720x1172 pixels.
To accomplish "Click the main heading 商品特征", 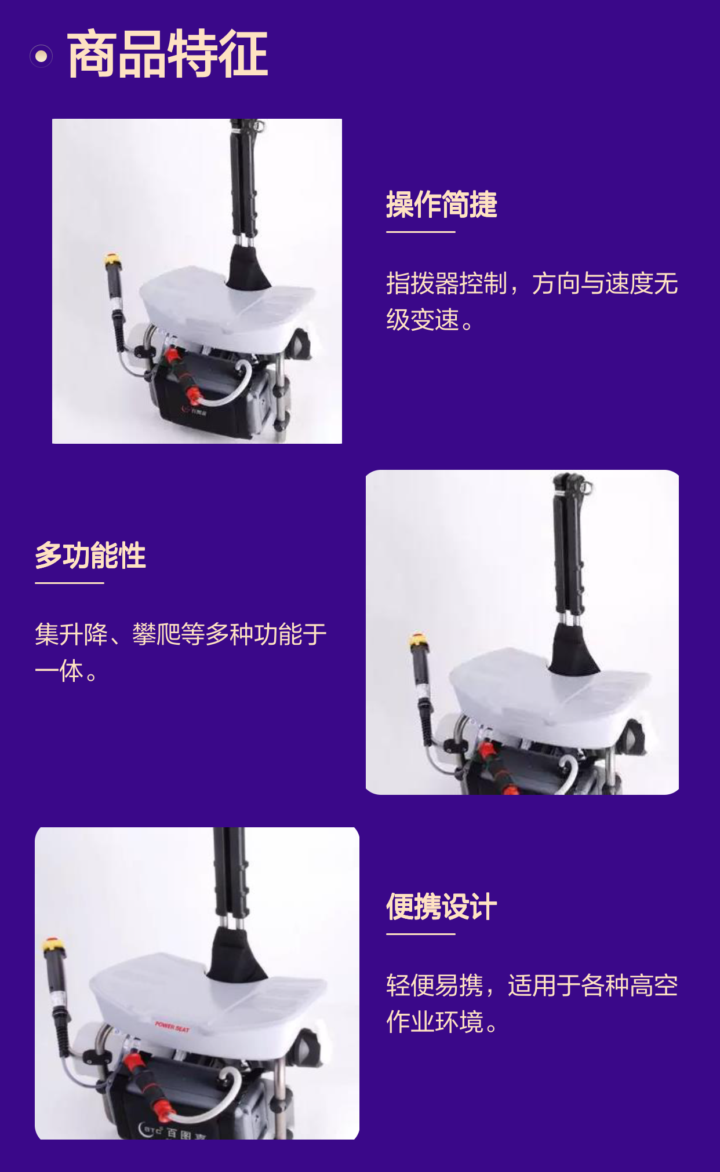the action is tap(168, 54).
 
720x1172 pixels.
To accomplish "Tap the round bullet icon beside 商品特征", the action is tap(41, 56).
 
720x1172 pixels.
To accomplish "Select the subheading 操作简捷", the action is tap(442, 205).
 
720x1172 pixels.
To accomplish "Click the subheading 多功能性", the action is tap(90, 556).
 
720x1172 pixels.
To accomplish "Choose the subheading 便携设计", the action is tap(442, 907).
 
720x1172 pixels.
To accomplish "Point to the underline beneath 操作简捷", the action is tap(421, 232).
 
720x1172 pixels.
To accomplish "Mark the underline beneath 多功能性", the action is tap(70, 583).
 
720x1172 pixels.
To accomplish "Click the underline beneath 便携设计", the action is tap(421, 934).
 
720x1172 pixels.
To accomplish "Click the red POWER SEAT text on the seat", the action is tap(172, 1027).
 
